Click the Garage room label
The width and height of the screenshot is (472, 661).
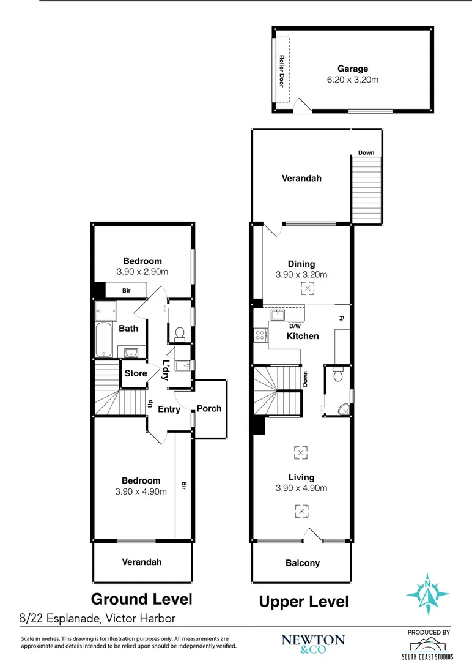pyautogui.click(x=353, y=69)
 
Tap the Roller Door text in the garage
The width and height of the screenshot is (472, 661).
pyautogui.click(x=282, y=70)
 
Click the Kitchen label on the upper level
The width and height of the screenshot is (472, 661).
pyautogui.click(x=303, y=336)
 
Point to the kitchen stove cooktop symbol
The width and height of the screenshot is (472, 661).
pyautogui.click(x=260, y=335)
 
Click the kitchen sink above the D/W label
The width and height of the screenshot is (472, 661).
pyautogui.click(x=278, y=315)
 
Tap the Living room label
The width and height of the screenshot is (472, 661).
pyautogui.click(x=301, y=477)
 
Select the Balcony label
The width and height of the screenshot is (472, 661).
pyautogui.click(x=303, y=563)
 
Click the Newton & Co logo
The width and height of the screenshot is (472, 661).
pyautogui.click(x=313, y=643)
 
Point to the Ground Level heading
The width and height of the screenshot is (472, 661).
pyautogui.click(x=142, y=599)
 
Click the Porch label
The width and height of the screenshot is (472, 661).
pyautogui.click(x=209, y=408)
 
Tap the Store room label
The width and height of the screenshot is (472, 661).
pyautogui.click(x=136, y=373)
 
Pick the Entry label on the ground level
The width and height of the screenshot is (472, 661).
pyautogui.click(x=169, y=409)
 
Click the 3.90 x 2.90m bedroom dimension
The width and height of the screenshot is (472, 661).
pyautogui.click(x=142, y=272)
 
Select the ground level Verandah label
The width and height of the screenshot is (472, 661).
pyautogui.click(x=142, y=562)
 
